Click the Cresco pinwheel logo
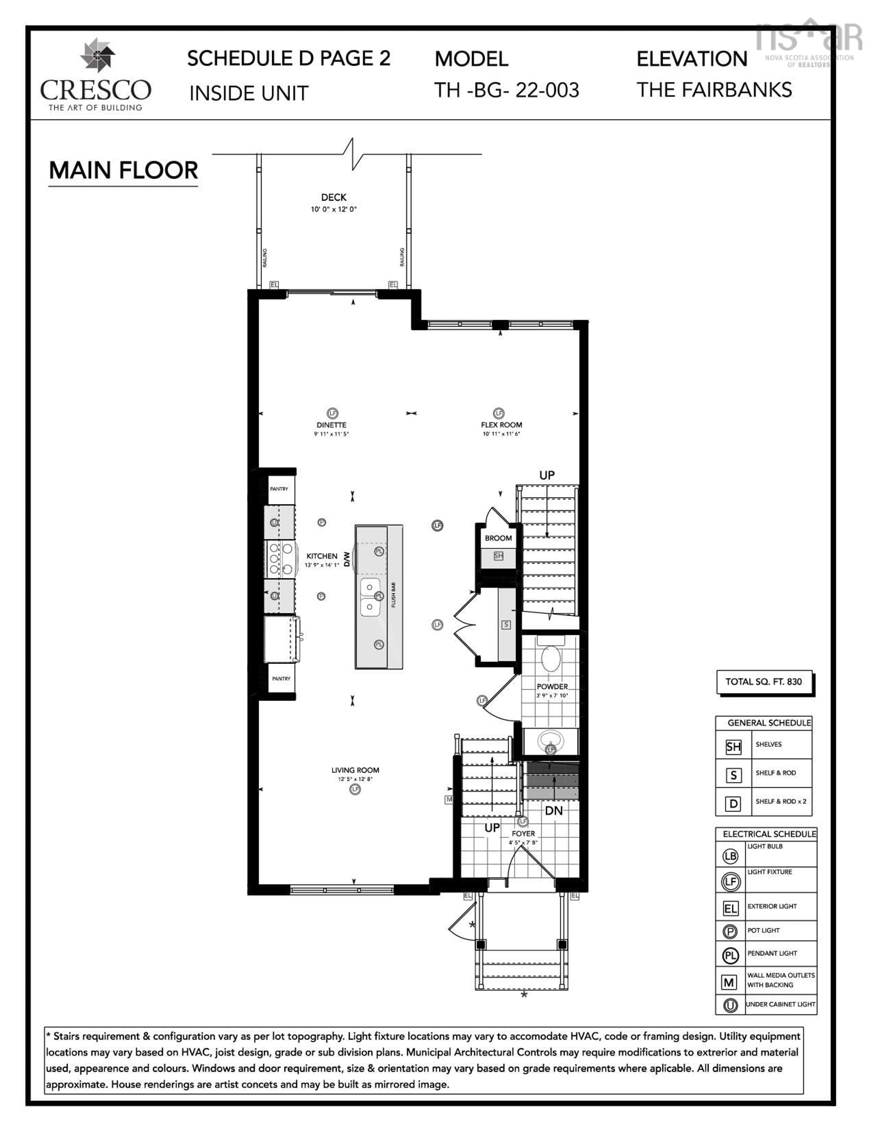click(97, 54)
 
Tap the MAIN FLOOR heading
click(123, 170)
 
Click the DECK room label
click(334, 197)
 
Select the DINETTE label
click(331, 425)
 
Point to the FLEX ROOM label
click(501, 425)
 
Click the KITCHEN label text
click(322, 556)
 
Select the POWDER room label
click(552, 687)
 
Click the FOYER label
click(523, 833)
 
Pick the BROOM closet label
click(498, 538)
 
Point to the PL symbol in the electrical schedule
click(730, 955)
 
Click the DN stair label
click(553, 811)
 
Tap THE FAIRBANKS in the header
click(714, 90)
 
